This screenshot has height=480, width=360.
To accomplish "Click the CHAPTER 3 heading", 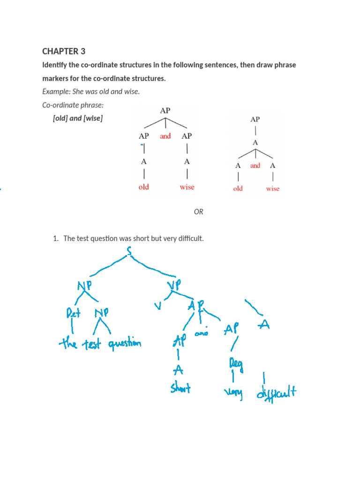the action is pos(64,51).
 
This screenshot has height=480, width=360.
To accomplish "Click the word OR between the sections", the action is pos(199,212).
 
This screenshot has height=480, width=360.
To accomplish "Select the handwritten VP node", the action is pos(173,285).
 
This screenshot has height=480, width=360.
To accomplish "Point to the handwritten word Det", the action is pos(73,314).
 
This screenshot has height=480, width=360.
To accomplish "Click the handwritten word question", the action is pos(124,345).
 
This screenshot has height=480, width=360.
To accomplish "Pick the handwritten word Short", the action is pos(180,389).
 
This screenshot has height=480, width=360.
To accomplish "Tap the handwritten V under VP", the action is pos(157,307).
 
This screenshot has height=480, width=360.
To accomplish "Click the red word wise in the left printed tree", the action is pos(187,187).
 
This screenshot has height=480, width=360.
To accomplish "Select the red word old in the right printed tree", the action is pos(238,189).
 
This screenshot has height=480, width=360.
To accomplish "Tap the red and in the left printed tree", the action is pos(165,136).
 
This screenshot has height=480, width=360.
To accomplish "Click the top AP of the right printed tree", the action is pos(255,120).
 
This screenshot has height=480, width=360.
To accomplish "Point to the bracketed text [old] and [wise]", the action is pos(78,118).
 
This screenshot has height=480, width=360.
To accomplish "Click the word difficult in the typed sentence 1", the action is pos(189,239).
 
